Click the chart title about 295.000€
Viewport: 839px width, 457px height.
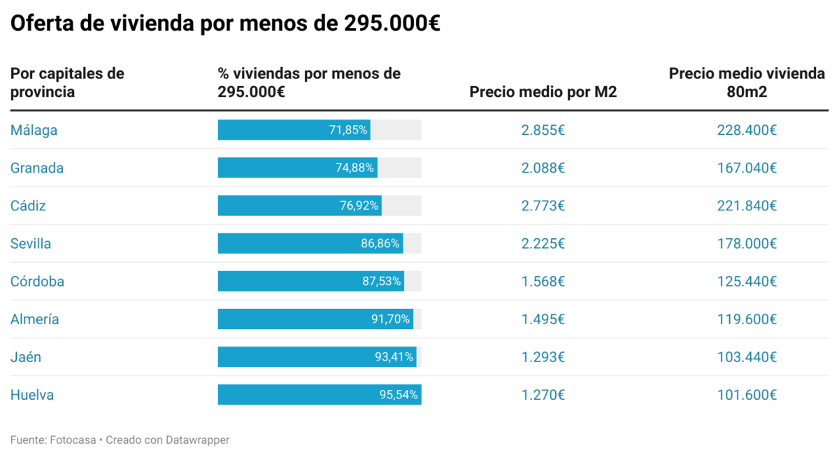point(225,24)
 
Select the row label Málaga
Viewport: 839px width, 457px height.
point(34,130)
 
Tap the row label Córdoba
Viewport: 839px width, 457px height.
point(37,282)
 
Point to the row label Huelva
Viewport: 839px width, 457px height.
point(32,395)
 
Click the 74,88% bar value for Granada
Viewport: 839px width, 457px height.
point(355,168)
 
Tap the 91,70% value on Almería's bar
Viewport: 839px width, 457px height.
point(391,319)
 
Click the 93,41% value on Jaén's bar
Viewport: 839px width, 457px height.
point(394,357)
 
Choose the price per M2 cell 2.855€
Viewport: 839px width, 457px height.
point(543,130)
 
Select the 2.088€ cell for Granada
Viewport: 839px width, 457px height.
point(543,168)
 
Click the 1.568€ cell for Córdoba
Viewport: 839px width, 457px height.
point(543,282)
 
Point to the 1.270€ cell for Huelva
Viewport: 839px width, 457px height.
point(543,395)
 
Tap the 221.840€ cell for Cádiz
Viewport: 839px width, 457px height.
point(747,205)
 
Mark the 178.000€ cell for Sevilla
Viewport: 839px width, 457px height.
point(747,243)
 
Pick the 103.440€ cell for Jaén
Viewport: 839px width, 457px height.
point(747,357)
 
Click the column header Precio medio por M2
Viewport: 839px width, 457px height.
point(543,92)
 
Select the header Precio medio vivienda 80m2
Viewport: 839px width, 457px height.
point(747,82)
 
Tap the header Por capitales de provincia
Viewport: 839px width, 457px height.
point(67,82)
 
